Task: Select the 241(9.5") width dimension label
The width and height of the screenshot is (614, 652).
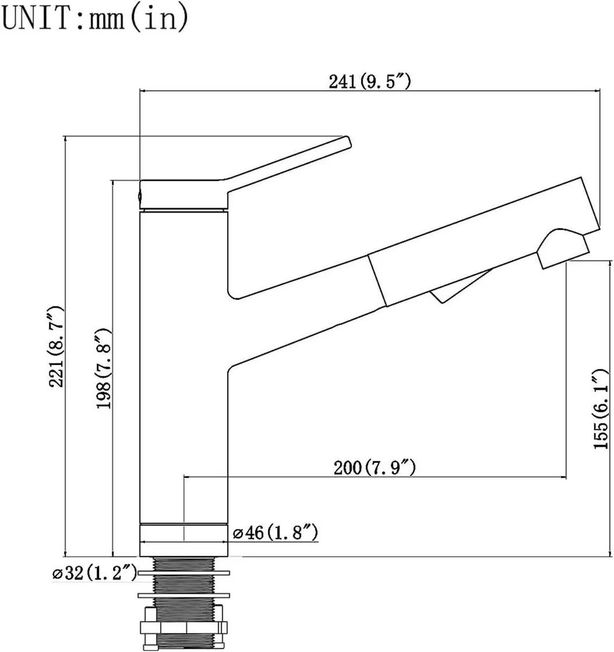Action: tap(369, 81)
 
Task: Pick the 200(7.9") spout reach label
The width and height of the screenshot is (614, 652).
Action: tap(375, 467)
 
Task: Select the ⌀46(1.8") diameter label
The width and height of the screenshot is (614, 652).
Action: tap(275, 533)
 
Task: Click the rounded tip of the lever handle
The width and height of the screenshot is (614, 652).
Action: tap(348, 142)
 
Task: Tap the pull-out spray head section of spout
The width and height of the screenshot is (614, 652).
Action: tap(478, 244)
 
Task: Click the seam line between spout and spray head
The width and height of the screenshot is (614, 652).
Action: tap(378, 280)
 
